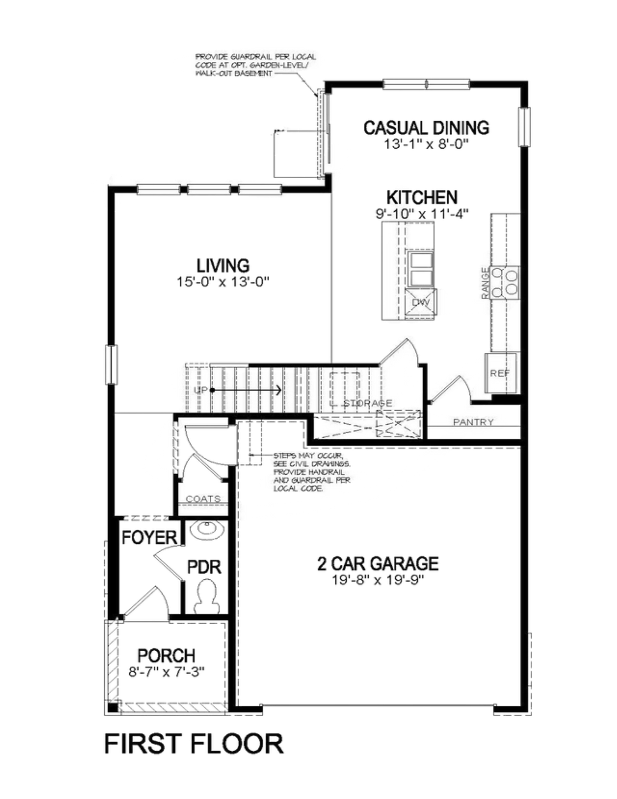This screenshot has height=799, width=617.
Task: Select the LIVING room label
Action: click(x=223, y=266)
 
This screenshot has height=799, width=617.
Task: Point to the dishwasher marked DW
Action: click(x=421, y=302)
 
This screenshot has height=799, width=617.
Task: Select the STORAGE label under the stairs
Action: click(x=368, y=403)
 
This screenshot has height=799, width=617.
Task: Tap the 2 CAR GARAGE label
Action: click(x=378, y=563)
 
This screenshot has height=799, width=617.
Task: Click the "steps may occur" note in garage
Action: click(x=312, y=472)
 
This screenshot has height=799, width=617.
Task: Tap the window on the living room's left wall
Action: click(x=111, y=365)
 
